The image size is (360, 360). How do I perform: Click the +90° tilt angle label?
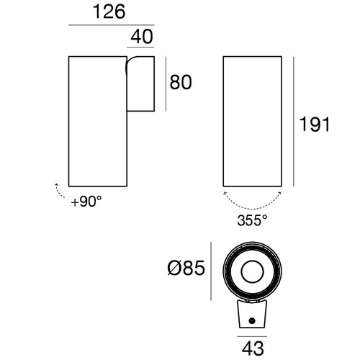tap(86, 202)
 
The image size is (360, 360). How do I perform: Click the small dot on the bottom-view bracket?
tap(251, 320)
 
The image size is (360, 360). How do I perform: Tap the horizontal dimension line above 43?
tap(251, 336)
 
